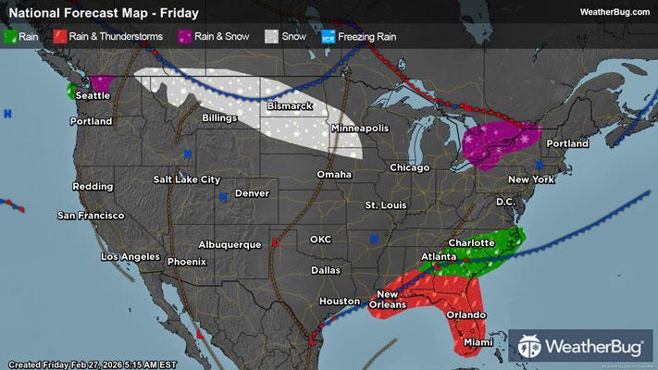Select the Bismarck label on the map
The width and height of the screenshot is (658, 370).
(288, 107)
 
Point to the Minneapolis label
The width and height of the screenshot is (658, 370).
(359, 129)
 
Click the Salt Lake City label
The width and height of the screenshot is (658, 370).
(187, 179)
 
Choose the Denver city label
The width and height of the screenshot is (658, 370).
(252, 193)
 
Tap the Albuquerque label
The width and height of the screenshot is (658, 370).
(230, 244)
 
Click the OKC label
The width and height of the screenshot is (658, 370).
(320, 239)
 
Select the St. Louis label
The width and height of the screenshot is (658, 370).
(385, 203)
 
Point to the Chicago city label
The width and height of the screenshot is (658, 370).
(411, 167)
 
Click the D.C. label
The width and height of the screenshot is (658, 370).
(505, 202)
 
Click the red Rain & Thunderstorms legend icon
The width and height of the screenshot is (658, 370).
(59, 36)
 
